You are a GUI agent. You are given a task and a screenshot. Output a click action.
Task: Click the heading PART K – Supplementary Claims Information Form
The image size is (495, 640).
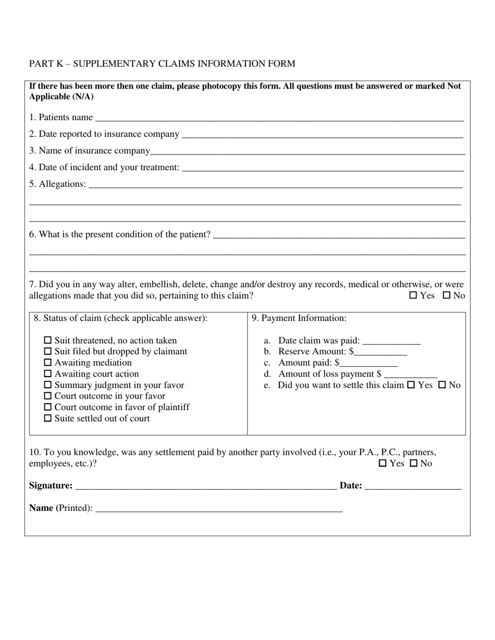162,64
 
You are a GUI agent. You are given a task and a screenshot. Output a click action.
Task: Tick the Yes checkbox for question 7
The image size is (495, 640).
413,296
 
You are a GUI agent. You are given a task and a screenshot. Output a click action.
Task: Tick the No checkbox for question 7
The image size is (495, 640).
447,296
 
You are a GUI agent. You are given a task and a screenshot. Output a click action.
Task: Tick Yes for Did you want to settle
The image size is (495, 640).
411,385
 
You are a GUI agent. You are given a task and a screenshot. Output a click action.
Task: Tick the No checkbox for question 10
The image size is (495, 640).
414,463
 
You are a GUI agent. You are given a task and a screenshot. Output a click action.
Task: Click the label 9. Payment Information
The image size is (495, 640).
299,318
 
